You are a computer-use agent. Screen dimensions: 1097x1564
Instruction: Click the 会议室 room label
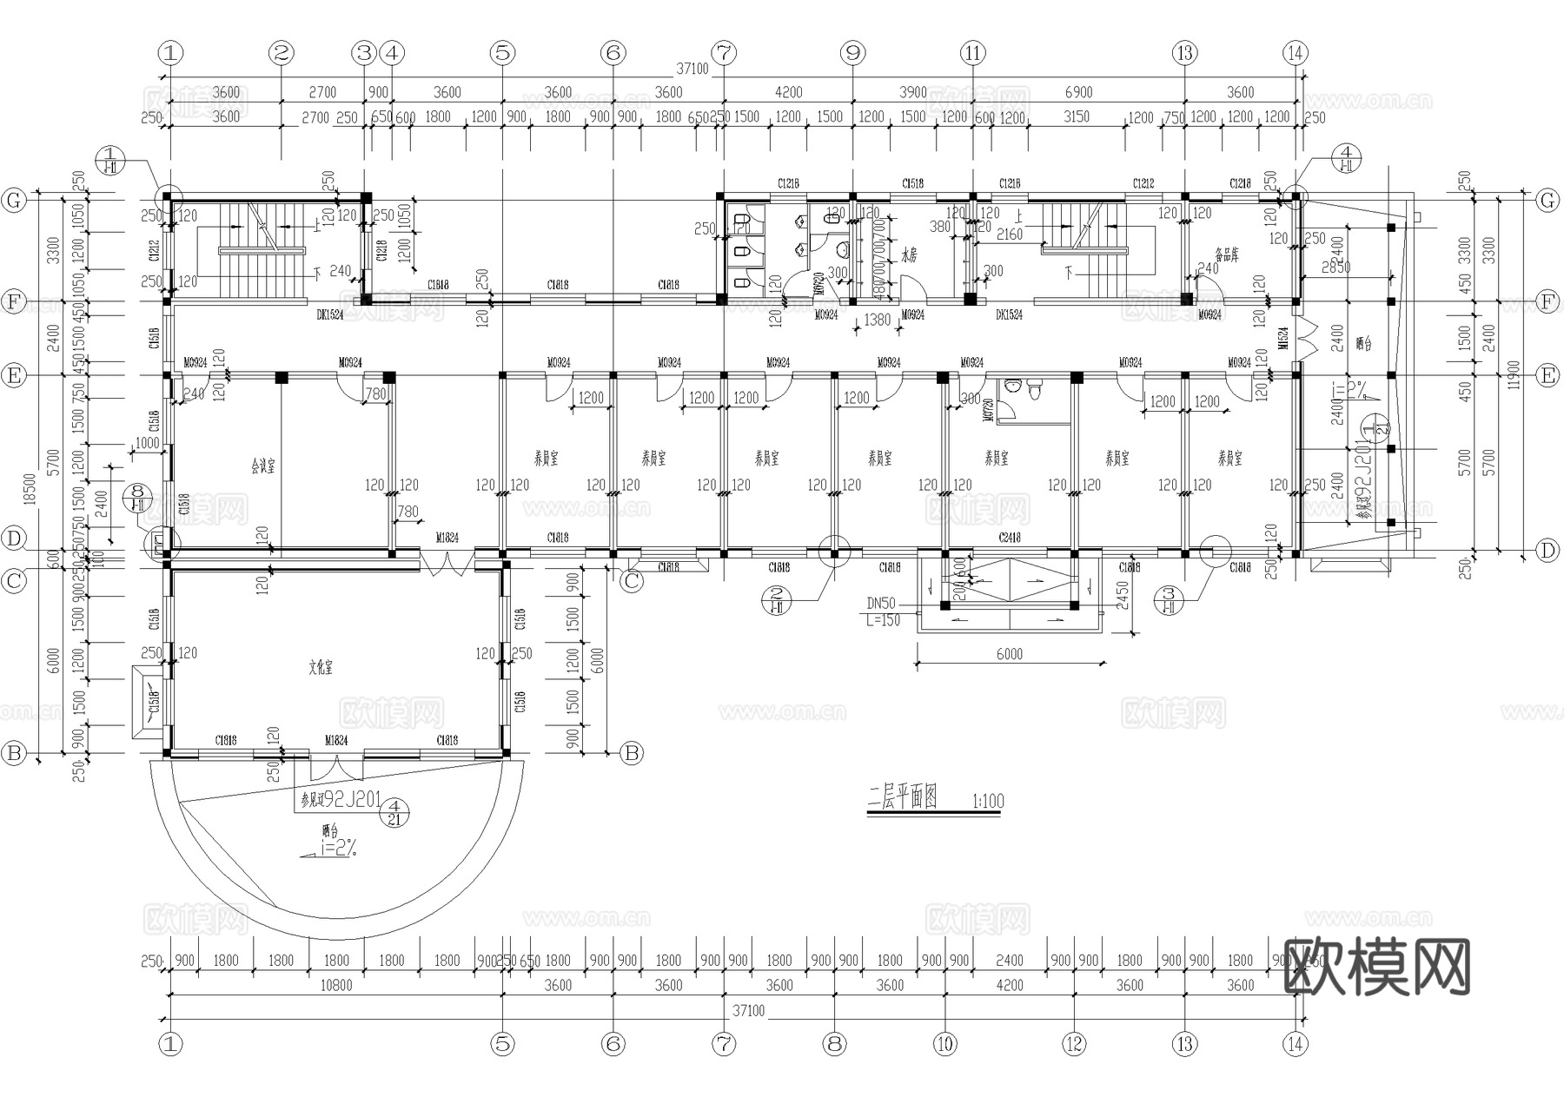(262, 466)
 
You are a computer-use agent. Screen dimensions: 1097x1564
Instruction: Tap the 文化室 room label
(321, 668)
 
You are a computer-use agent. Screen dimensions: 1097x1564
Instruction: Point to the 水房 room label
(909, 256)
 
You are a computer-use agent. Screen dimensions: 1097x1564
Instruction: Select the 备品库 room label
(1226, 255)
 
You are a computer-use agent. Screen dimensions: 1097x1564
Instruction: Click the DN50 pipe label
(881, 604)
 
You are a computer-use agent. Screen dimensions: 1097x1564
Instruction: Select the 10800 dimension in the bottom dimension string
(336, 986)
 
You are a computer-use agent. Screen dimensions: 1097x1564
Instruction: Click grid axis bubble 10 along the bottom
(945, 1044)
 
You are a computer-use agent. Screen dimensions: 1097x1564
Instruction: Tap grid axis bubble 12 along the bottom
(1074, 1044)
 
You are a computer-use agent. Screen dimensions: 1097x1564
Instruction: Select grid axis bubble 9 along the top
(852, 53)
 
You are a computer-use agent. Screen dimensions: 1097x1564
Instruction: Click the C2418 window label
(1009, 538)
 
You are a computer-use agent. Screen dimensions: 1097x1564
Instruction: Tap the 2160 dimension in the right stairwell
(1009, 235)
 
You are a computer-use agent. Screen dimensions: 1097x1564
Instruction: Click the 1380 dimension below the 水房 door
(878, 321)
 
